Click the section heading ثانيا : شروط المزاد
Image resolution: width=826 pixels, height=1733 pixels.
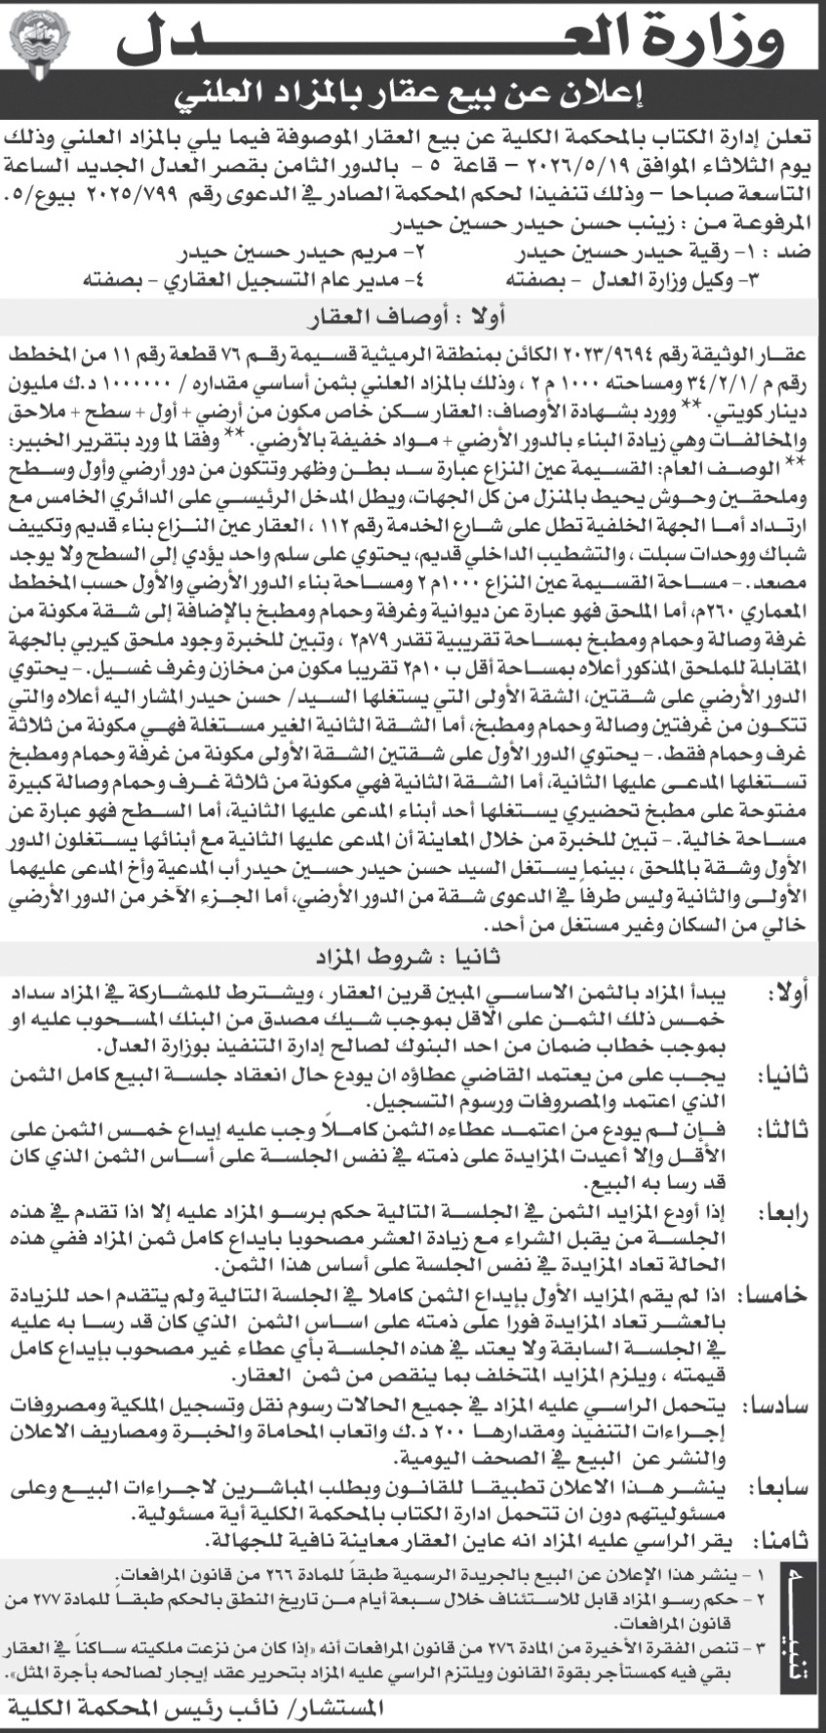tap(413, 956)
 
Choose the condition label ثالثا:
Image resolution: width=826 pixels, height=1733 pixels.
tap(786, 1130)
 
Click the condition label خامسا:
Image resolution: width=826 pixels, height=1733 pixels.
tap(786, 1294)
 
